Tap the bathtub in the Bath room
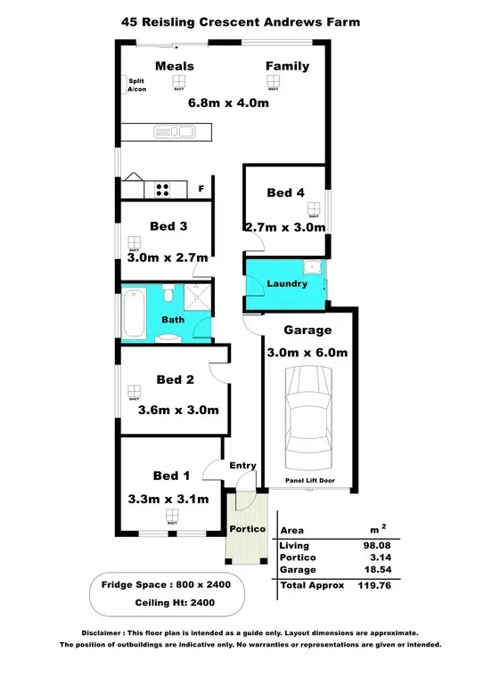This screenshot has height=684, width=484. coord(135,312)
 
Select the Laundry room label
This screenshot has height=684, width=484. coord(287,284)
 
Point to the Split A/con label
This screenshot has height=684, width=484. coord(136,85)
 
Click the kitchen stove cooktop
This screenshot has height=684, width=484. coord(163,188)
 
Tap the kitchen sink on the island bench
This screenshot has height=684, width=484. coord(185,133)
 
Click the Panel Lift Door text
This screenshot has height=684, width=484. coord(309,480)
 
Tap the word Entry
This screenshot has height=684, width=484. coord(243,465)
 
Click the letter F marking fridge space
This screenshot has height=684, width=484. coord(201,189)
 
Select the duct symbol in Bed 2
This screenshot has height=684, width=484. coord(135,392)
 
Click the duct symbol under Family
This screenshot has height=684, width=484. coord(273,83)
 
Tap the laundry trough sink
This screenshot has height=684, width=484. coord(312,267)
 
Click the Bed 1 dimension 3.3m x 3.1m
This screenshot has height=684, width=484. coord(168,499)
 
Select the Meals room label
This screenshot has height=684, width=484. coord(174,66)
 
